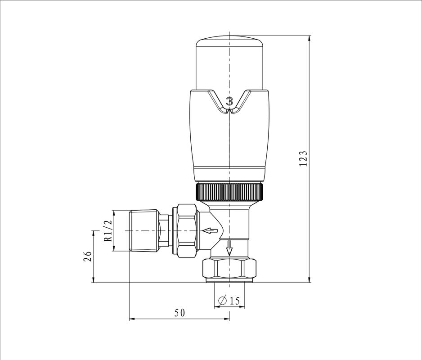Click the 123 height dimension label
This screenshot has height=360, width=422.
(x=303, y=158)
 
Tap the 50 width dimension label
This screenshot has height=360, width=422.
(x=180, y=313)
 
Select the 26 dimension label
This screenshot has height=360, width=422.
(x=87, y=256)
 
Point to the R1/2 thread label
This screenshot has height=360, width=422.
(x=108, y=231)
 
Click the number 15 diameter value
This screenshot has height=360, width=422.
(x=234, y=301)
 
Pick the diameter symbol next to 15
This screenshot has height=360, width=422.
(x=223, y=301)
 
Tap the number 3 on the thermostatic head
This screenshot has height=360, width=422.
(x=229, y=101)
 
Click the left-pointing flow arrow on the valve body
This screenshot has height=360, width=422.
(x=210, y=230)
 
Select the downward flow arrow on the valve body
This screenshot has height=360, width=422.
(x=229, y=248)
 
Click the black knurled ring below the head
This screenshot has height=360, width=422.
(x=229, y=192)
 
